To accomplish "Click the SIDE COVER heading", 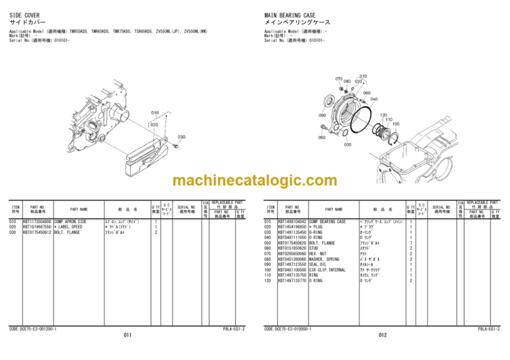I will (25, 14).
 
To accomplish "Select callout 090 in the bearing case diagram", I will (323, 116).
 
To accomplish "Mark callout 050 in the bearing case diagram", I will (321, 137).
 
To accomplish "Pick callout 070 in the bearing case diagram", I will (339, 78).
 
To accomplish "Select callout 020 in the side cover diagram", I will (153, 124).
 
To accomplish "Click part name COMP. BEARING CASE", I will (327, 221).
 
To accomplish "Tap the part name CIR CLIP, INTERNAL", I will (329, 270).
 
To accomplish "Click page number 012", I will (382, 335).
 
